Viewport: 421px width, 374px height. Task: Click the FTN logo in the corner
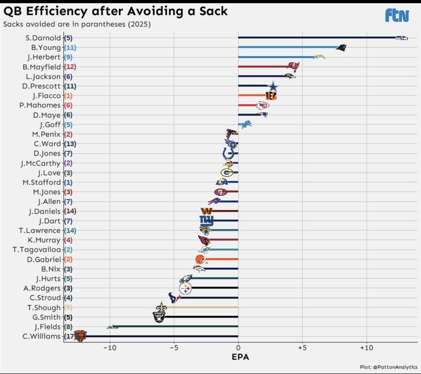click(x=397, y=15)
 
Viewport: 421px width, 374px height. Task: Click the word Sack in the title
click(x=214, y=11)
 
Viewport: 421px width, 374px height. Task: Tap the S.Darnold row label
click(x=43, y=38)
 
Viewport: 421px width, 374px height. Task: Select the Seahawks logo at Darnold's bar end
click(x=402, y=38)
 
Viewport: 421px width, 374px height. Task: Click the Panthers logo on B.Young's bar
click(x=341, y=48)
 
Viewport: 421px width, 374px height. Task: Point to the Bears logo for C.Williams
click(x=80, y=336)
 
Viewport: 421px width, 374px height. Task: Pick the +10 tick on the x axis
click(x=366, y=347)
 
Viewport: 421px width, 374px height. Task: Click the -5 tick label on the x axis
click(x=174, y=347)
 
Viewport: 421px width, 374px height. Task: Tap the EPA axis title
click(x=240, y=356)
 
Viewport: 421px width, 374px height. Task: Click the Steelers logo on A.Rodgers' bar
click(x=186, y=289)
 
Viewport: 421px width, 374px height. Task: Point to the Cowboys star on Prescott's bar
click(x=273, y=86)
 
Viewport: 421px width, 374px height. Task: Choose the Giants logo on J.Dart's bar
click(x=207, y=221)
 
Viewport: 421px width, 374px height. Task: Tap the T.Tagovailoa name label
click(x=37, y=250)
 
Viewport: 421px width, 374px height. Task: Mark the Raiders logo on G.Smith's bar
click(x=159, y=317)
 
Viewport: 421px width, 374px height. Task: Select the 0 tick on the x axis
click(x=238, y=347)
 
